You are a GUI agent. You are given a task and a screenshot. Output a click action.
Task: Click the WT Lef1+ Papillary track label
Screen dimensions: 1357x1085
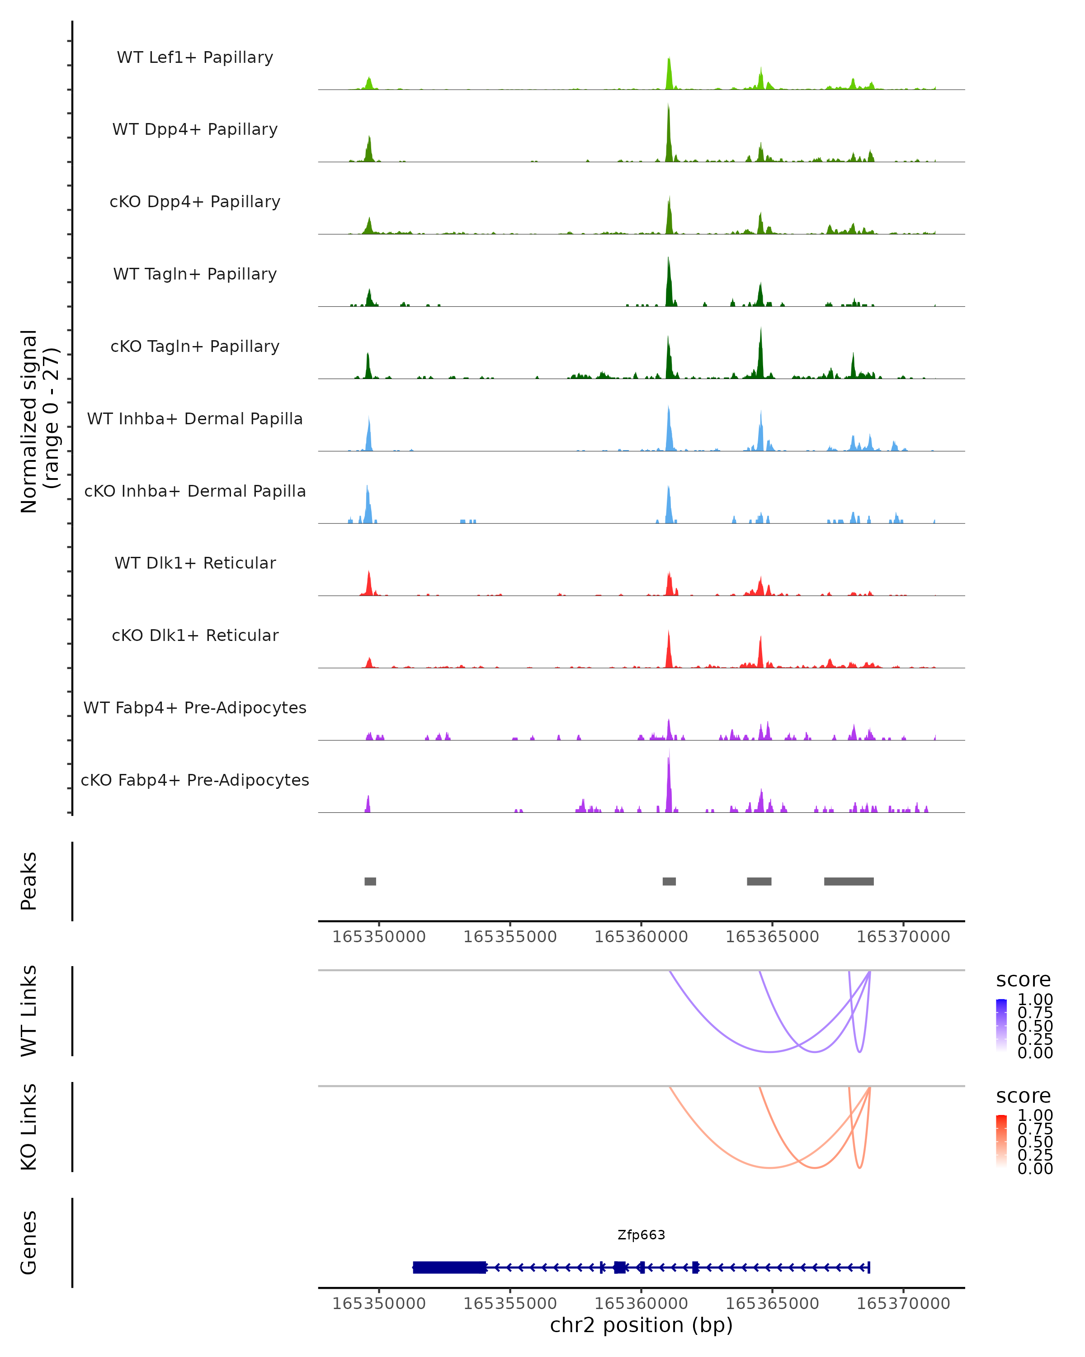pyautogui.click(x=195, y=57)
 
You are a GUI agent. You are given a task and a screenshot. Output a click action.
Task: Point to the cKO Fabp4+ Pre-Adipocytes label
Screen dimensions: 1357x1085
pyautogui.click(x=195, y=780)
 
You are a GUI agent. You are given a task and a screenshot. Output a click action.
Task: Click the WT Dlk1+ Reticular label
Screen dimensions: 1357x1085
pyautogui.click(x=195, y=563)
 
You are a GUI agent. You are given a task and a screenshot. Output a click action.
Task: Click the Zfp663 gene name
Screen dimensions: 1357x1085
pyautogui.click(x=641, y=1234)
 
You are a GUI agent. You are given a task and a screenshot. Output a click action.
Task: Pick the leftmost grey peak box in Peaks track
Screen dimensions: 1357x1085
pyautogui.click(x=370, y=881)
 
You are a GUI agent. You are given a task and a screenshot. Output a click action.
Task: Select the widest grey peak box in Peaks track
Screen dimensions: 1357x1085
pyautogui.click(x=849, y=881)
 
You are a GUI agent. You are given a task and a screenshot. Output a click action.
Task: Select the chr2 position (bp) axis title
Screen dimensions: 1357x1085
pyautogui.click(x=641, y=1325)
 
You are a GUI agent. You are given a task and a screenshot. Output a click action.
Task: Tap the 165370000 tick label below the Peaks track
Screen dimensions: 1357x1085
pyautogui.click(x=903, y=937)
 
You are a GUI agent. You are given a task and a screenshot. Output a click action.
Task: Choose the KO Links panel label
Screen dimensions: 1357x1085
pyautogui.click(x=29, y=1127)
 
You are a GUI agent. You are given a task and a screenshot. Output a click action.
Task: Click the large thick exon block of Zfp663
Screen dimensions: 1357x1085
pyautogui.click(x=449, y=1267)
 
